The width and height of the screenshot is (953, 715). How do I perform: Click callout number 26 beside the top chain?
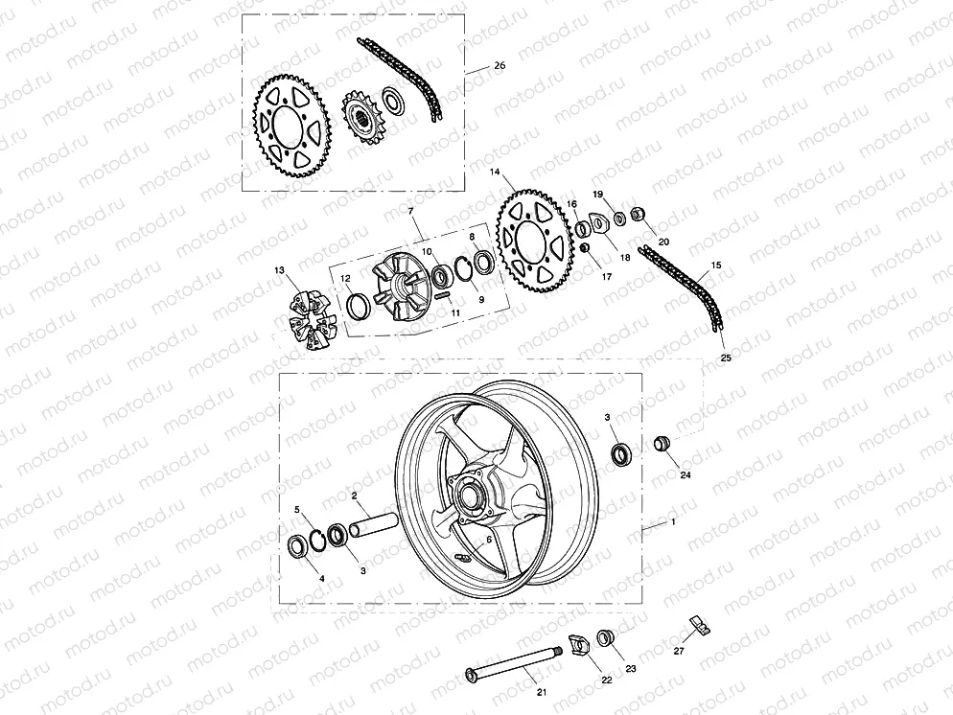499,66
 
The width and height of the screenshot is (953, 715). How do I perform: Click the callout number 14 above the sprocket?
495,173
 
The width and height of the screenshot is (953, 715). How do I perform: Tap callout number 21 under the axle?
542,691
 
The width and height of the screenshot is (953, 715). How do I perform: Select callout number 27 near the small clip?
679,651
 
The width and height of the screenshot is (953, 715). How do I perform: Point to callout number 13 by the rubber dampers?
279,271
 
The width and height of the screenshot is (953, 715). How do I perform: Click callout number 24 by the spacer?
685,474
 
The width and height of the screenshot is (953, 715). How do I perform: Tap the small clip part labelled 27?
700,627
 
